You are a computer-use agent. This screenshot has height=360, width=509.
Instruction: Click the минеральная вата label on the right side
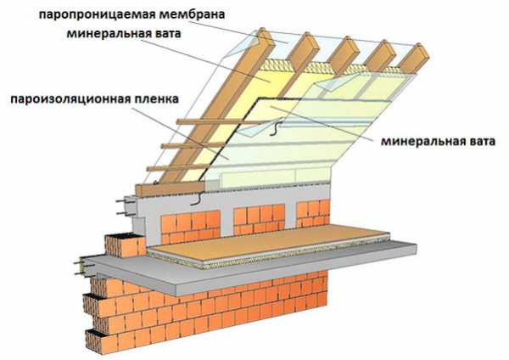pos(439,141)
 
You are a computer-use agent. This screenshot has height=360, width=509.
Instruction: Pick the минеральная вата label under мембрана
pos(124,33)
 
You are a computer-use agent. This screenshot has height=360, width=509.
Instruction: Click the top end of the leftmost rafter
pos(262,31)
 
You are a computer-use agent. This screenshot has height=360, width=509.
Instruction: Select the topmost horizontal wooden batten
pos(224,122)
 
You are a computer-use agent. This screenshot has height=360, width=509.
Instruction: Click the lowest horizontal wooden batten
pos(178,167)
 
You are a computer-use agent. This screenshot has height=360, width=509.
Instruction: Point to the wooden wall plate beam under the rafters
pos(170,188)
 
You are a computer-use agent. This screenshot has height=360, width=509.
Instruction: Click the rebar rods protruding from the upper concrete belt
pos(126,207)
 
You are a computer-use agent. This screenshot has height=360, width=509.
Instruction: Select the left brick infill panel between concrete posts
pos(191,227)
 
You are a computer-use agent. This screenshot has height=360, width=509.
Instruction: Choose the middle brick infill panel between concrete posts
pos(259,219)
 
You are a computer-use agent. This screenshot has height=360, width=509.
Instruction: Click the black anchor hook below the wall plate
pos(198,200)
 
